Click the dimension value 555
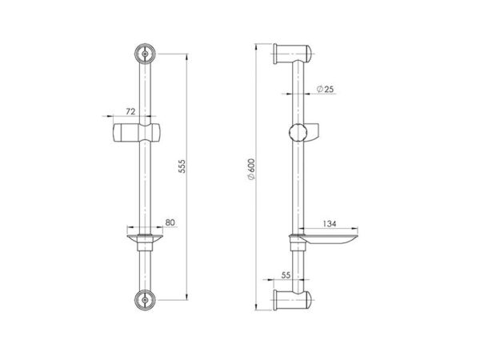pyautogui.click(x=182, y=166)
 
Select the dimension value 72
pyautogui.click(x=130, y=111)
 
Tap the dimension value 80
pyautogui.click(x=170, y=222)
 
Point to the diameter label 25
pyautogui.click(x=325, y=89)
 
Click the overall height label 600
pyautogui.click(x=251, y=170)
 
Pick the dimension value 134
pyautogui.click(x=330, y=224)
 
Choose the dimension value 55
pyautogui.click(x=286, y=275)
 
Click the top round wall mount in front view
pyautogui.click(x=145, y=54)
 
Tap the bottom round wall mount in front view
pyautogui.click(x=145, y=300)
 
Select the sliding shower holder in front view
pyautogui.click(x=136, y=133)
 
